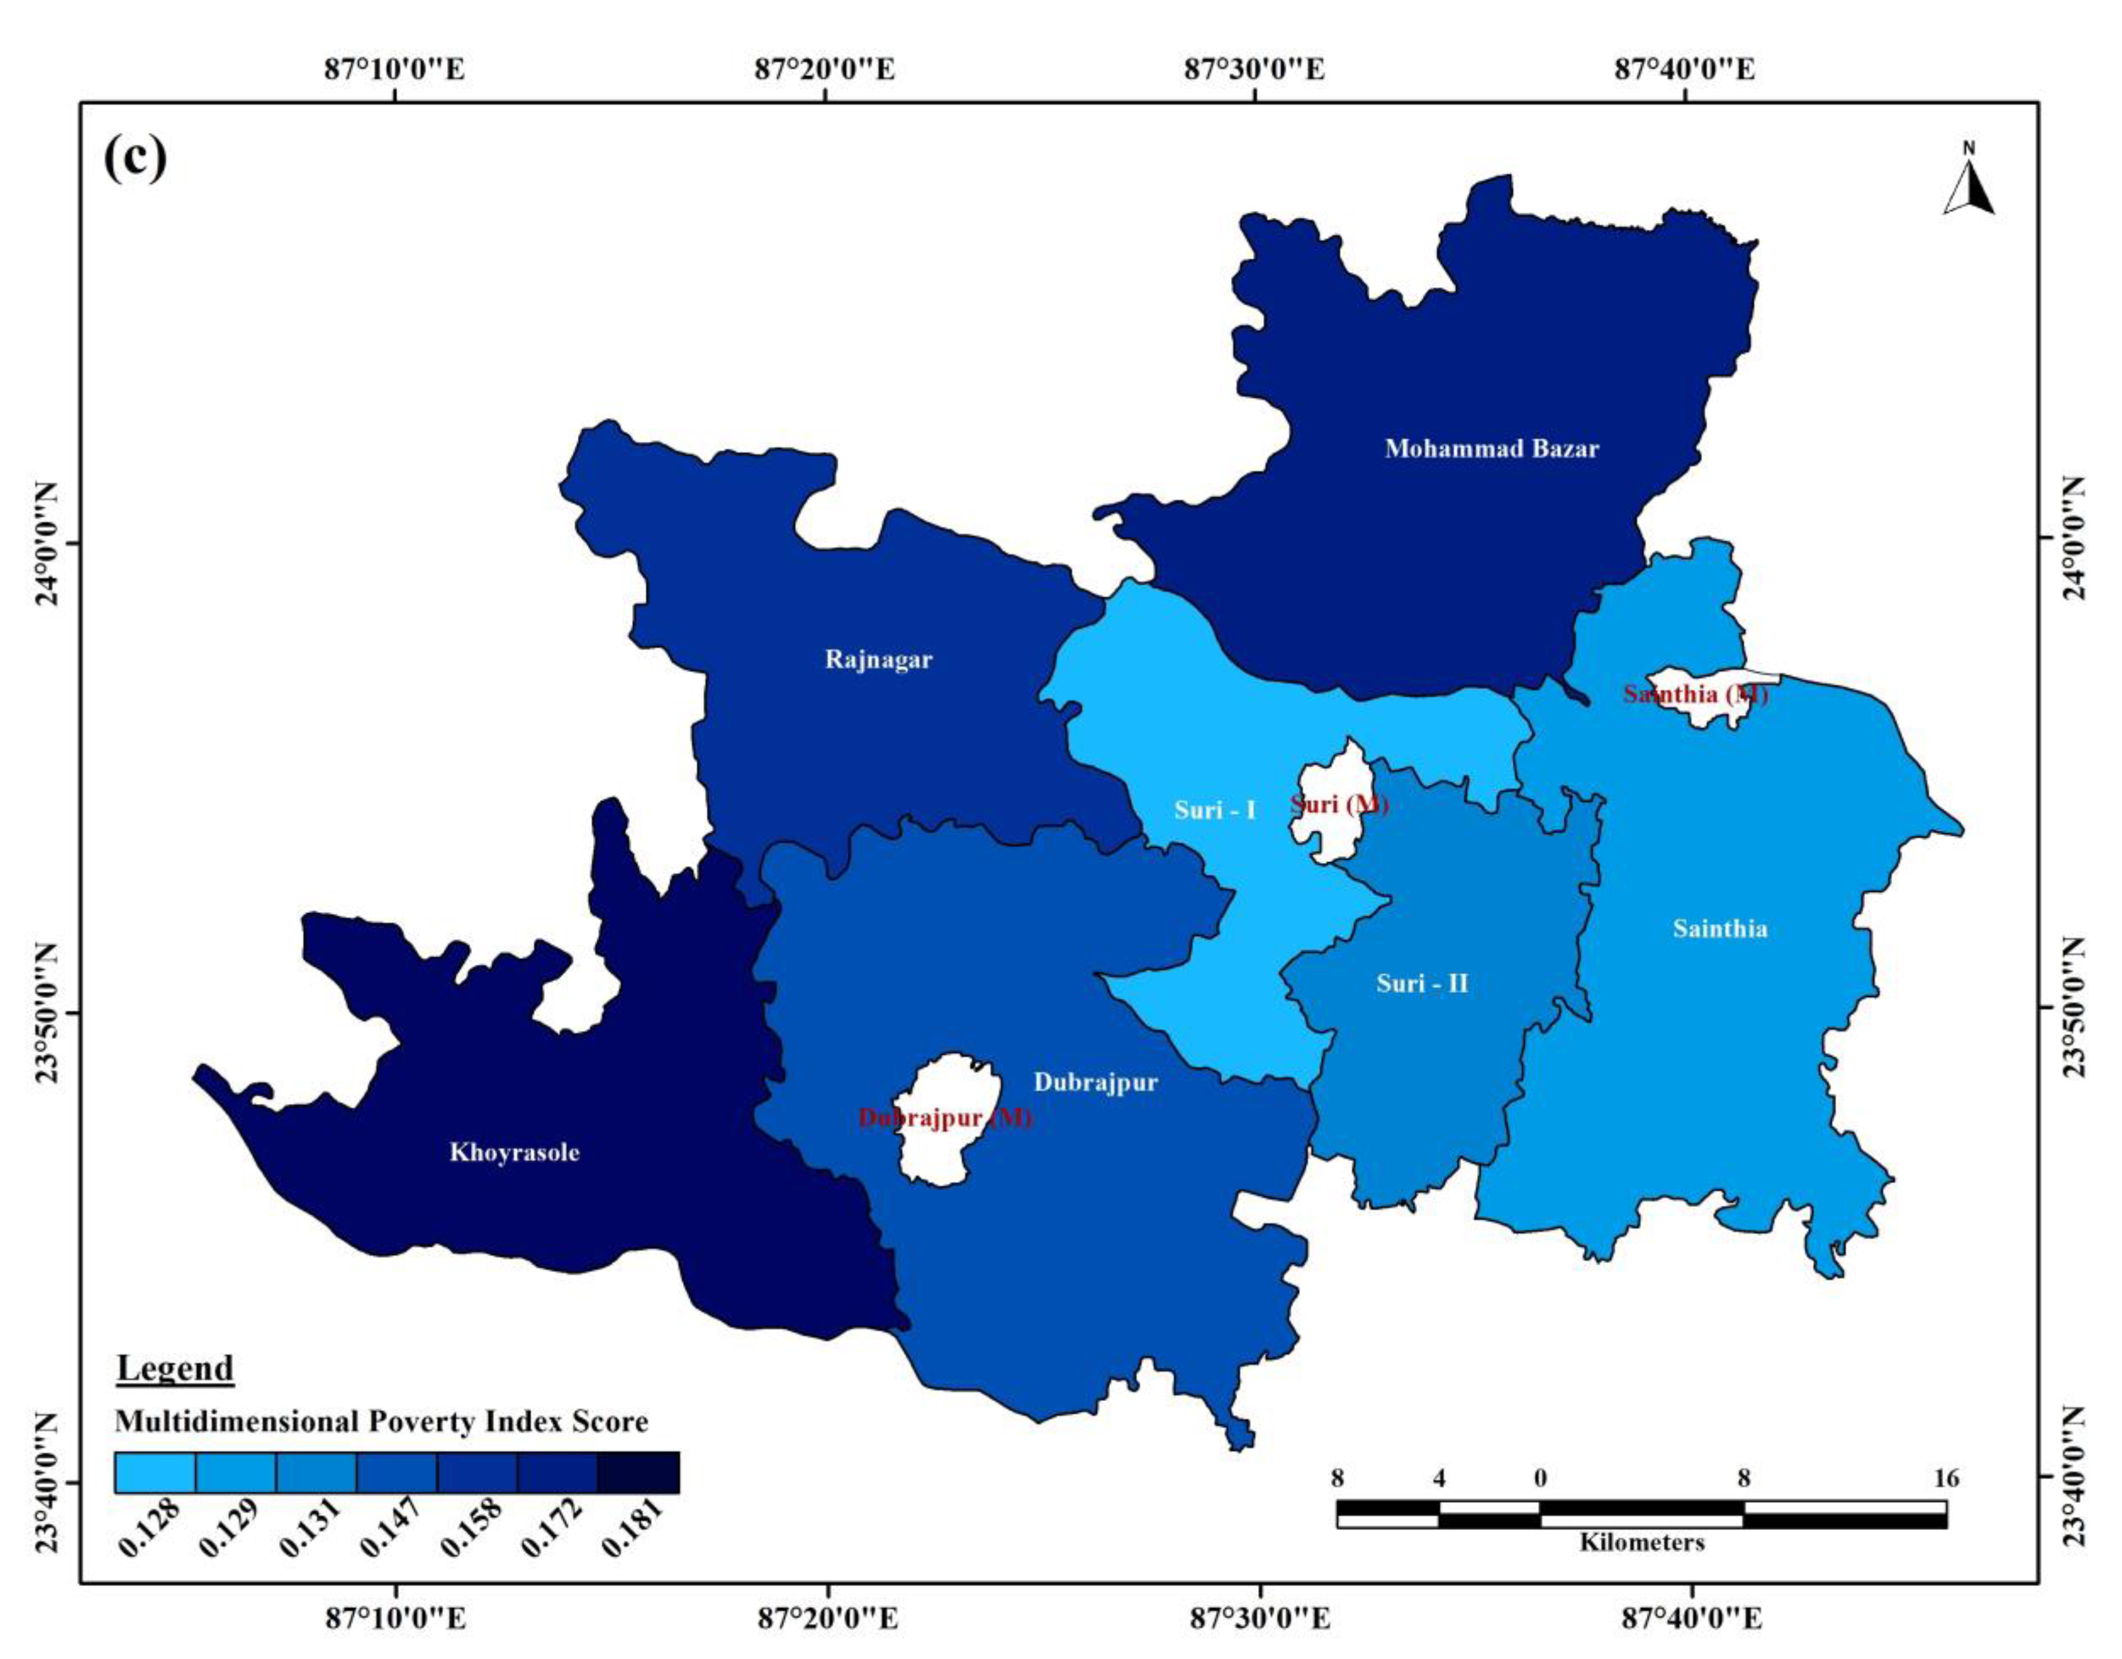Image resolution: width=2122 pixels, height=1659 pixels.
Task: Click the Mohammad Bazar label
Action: coord(1491,449)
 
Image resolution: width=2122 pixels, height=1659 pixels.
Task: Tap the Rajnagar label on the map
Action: coord(878,660)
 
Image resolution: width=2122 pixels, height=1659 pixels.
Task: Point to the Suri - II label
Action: coord(1422,983)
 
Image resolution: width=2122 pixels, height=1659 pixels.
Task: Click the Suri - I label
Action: coord(1215,810)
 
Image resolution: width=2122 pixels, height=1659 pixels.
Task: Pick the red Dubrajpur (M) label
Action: coord(945,1118)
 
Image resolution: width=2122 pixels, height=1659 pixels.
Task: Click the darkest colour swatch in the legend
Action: coord(638,1472)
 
